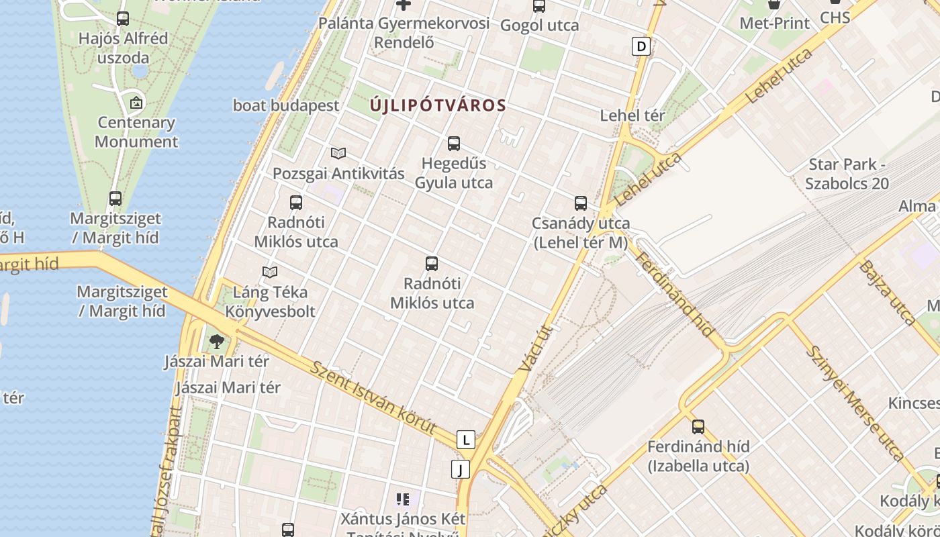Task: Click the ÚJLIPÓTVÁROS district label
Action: [x=438, y=105]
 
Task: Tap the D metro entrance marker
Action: [x=642, y=46]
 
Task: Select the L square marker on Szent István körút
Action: [x=465, y=440]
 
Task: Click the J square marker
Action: [x=461, y=469]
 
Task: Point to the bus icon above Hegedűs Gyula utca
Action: [x=454, y=143]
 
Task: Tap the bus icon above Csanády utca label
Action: [x=581, y=203]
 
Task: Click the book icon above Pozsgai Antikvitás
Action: [x=338, y=153]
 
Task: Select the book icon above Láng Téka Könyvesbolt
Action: [x=270, y=272]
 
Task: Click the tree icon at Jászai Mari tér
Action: [x=216, y=342]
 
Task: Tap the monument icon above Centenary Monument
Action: [x=136, y=103]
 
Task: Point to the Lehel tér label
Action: [x=632, y=115]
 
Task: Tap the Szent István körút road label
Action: [x=374, y=397]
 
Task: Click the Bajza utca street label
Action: [x=887, y=292]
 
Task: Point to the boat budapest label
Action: [x=286, y=105]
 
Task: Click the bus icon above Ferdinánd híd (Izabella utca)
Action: [x=698, y=426]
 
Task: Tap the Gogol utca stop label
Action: [x=540, y=26]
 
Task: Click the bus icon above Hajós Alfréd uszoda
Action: [x=123, y=19]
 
